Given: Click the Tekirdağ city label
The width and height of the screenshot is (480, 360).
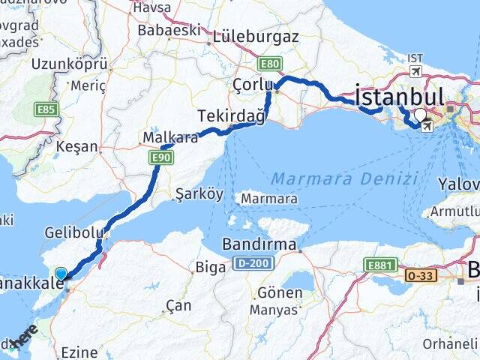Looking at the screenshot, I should click(x=232, y=115).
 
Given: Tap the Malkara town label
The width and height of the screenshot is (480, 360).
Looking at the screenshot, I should click(x=170, y=138).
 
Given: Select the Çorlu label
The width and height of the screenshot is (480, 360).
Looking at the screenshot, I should click(x=253, y=84).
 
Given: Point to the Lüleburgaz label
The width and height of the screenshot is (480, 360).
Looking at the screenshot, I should click(x=255, y=36).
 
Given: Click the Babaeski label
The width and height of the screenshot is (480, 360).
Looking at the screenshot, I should click(x=169, y=31).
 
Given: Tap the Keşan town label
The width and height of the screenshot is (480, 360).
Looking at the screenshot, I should click(x=78, y=146).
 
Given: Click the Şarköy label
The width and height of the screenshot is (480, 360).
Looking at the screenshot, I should click(x=199, y=194).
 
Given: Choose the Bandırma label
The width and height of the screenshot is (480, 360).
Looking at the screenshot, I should click(x=259, y=244).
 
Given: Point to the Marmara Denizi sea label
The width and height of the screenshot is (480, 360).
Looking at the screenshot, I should click(x=344, y=178).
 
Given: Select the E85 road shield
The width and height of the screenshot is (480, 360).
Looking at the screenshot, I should click(x=46, y=109).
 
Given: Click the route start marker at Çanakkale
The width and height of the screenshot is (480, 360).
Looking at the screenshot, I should click(x=61, y=274).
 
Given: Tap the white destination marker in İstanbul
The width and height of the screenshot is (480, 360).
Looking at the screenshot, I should click(x=420, y=115).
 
